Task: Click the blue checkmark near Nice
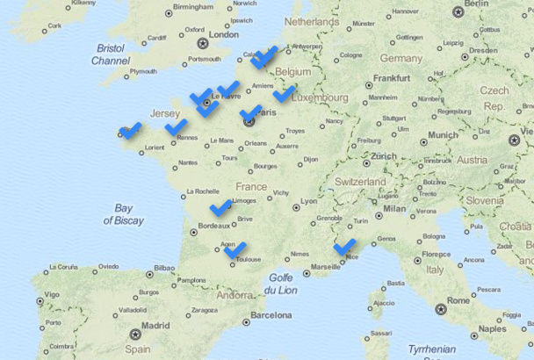coord(343,247)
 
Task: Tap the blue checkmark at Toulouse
coord(235,251)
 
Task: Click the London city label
coord(223,35)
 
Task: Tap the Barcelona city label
coord(271,314)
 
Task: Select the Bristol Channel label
coord(111,54)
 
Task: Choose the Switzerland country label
coord(359,182)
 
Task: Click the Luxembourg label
coord(320,98)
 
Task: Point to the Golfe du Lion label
coord(281,284)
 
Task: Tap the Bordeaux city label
coord(214,226)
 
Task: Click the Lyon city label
coord(309,201)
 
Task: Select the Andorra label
coord(234,296)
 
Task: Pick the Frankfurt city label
coord(392,78)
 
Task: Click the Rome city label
coord(458,300)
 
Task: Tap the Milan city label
coord(394,208)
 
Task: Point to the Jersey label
coord(165,114)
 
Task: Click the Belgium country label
coord(293,71)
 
